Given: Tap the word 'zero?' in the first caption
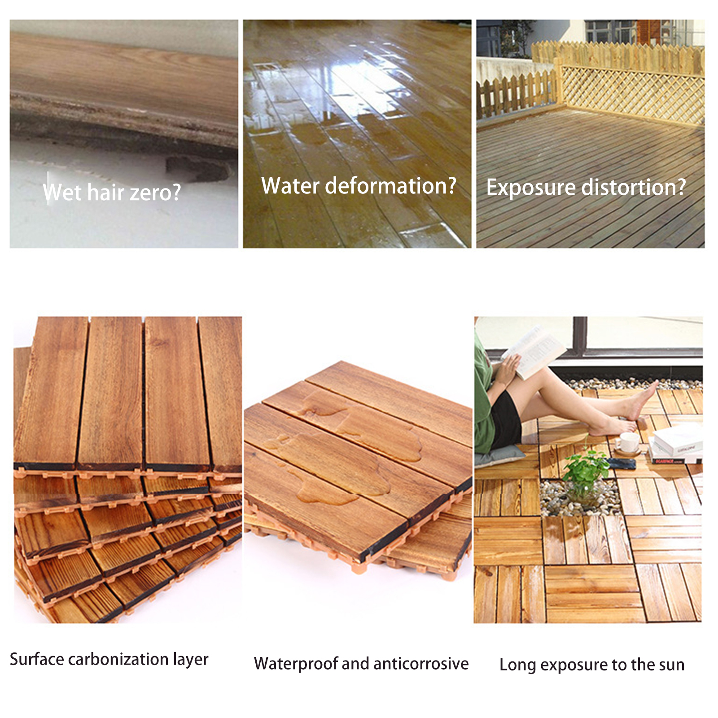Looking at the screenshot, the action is click(155, 193).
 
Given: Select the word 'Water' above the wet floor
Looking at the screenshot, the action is click(290, 185).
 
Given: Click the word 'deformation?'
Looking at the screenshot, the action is click(390, 185).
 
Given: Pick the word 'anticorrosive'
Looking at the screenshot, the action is click(420, 664).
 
